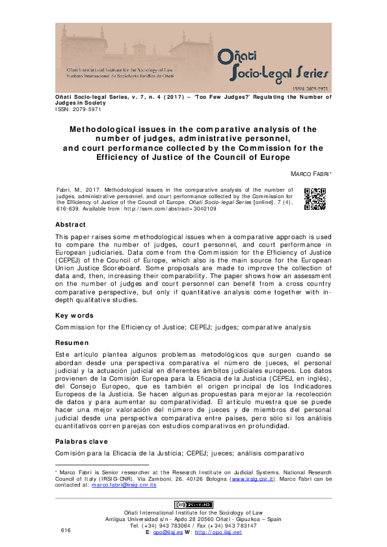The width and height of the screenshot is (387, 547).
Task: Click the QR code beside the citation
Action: point(315,199)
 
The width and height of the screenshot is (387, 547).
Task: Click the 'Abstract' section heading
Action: point(74,225)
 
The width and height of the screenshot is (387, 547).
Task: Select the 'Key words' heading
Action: point(74,316)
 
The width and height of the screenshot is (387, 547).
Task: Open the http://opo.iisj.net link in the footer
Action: point(218,532)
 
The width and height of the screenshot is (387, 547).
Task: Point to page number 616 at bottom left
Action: point(65,531)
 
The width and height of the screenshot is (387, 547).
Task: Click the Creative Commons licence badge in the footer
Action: point(193,504)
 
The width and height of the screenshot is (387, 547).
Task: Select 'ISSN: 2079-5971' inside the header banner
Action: point(309,86)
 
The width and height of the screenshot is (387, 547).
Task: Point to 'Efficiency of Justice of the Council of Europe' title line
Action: point(193,157)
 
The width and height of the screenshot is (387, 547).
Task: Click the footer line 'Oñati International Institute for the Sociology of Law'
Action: point(193,513)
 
